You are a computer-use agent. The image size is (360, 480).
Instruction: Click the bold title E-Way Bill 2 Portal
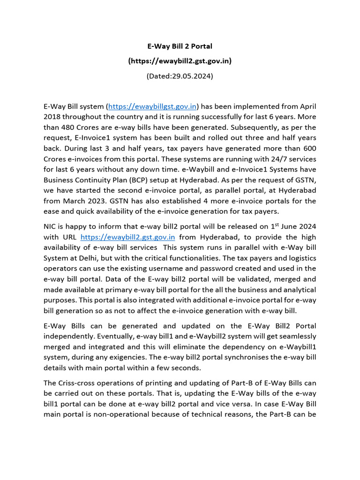coord(180,47)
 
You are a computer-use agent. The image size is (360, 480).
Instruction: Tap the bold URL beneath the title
coord(180,61)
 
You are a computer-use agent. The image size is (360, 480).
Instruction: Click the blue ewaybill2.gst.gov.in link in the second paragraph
coord(127,238)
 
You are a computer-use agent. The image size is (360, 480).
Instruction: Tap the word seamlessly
coord(294,336)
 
